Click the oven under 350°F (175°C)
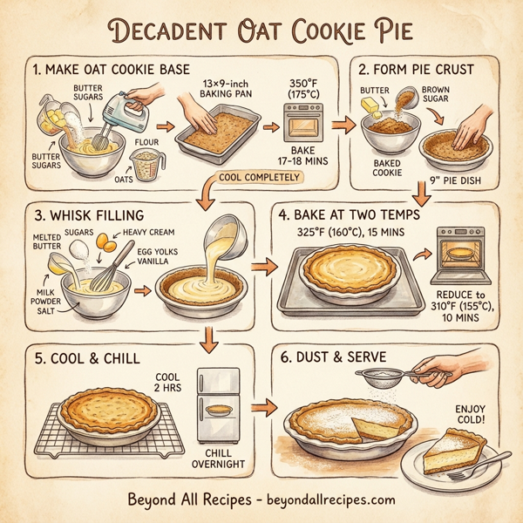tap(304, 123)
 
